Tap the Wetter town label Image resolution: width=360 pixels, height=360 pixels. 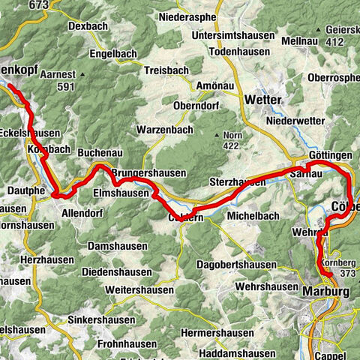tap(284, 100)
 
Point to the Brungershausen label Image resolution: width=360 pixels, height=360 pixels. tap(148, 173)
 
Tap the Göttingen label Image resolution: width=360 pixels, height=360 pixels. tap(330, 154)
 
